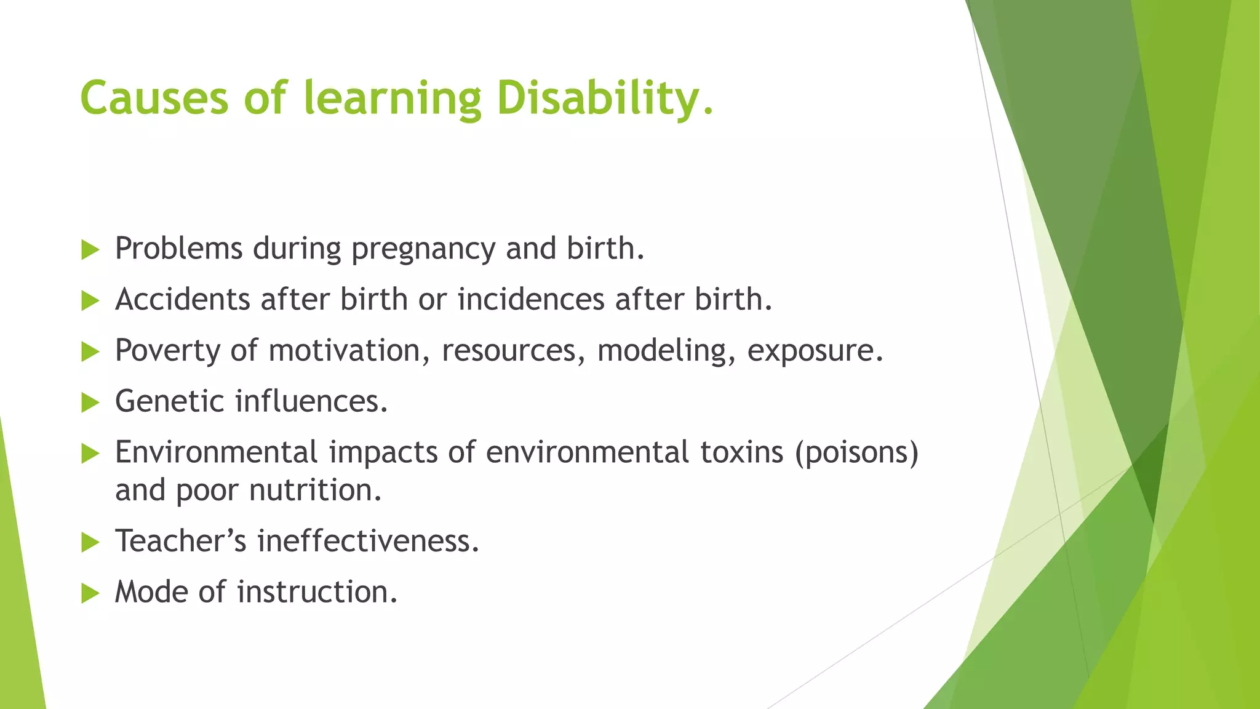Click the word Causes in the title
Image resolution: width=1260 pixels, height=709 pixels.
(154, 98)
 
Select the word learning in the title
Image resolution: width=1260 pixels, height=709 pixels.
(393, 98)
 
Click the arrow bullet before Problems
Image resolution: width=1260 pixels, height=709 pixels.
(90, 250)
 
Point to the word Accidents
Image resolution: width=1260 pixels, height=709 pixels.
(182, 300)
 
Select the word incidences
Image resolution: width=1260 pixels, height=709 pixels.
(531, 300)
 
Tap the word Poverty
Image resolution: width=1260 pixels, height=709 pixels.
(167, 351)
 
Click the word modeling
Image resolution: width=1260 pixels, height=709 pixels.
(666, 351)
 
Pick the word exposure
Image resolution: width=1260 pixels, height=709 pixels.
(815, 351)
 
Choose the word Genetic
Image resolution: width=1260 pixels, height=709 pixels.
(170, 401)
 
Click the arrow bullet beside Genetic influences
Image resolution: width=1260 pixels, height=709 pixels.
(90, 403)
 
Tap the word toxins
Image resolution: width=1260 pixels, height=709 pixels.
(742, 452)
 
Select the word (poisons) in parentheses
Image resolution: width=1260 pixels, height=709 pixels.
(856, 452)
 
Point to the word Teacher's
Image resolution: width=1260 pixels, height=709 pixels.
(181, 541)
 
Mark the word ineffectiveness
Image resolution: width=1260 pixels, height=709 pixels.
(368, 541)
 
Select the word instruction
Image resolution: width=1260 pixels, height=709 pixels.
(317, 592)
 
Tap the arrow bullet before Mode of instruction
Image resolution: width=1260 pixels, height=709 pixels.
(90, 593)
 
